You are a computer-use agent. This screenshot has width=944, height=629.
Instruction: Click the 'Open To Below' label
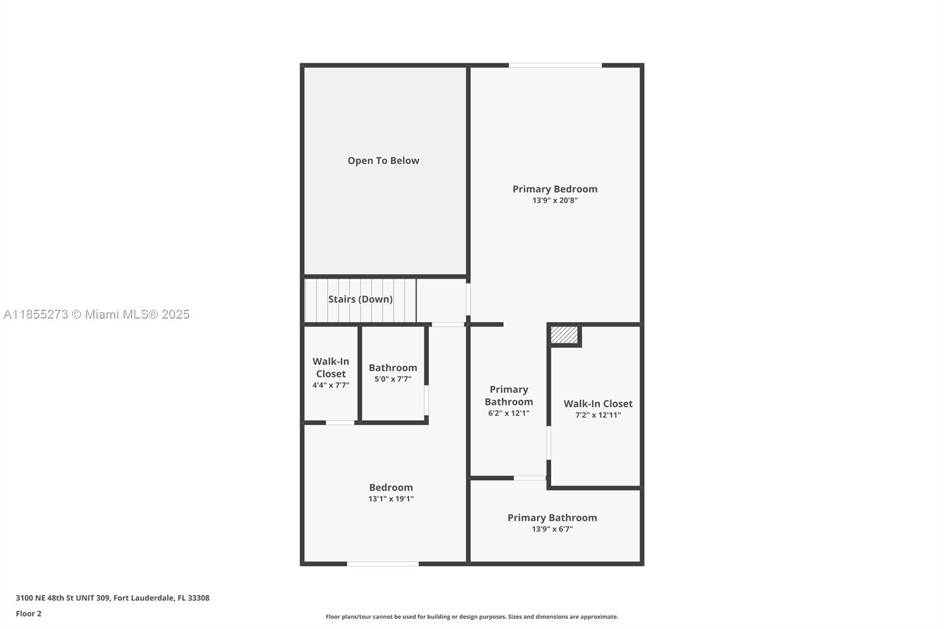point(383,160)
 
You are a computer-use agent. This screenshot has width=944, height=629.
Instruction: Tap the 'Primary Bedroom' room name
point(555,189)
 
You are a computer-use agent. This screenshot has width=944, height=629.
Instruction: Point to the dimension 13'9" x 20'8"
point(555,200)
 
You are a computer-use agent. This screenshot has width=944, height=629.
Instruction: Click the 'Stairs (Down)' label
point(360,299)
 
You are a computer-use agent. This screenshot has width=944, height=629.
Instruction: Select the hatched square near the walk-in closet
point(564,335)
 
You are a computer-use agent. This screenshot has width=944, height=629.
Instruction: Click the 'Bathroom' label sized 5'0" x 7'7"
point(393,368)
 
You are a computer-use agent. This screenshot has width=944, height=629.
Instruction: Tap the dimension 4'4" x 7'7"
point(331,385)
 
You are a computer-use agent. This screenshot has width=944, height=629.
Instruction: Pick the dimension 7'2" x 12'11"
point(598,415)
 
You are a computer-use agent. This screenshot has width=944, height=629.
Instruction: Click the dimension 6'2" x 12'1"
point(509,413)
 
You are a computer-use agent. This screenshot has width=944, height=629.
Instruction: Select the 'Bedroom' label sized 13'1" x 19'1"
point(391,487)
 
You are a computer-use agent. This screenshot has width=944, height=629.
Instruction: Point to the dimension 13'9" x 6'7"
point(552,529)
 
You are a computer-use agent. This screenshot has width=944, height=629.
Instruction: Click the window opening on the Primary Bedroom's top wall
point(555,65)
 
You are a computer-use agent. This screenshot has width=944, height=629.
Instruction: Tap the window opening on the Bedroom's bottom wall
point(383,564)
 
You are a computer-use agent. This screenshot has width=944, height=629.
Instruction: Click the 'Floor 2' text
point(29,614)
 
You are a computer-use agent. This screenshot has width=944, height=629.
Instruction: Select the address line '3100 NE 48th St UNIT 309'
point(63,598)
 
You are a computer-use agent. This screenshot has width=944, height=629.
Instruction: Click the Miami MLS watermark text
point(97,314)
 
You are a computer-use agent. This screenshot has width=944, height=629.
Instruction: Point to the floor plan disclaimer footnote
point(472,617)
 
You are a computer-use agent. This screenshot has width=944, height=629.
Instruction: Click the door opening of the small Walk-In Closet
point(340,422)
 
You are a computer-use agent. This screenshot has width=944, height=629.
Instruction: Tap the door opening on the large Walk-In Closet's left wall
point(549,443)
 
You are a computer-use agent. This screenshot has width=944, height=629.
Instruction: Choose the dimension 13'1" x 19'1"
point(391,499)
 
